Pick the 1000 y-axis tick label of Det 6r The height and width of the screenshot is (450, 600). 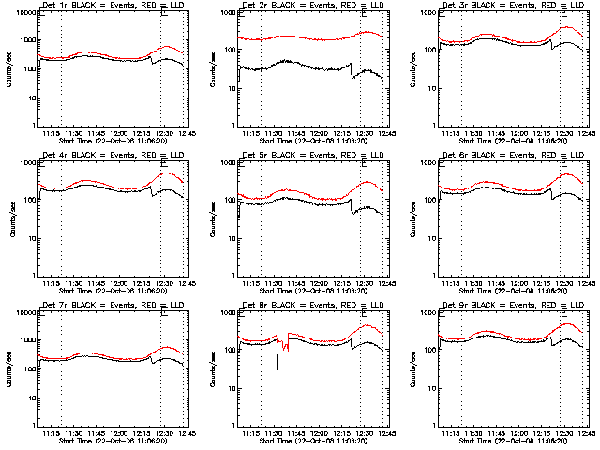(428, 162)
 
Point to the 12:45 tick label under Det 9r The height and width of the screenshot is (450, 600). (585, 434)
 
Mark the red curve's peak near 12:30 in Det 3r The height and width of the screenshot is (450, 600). (567, 27)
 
